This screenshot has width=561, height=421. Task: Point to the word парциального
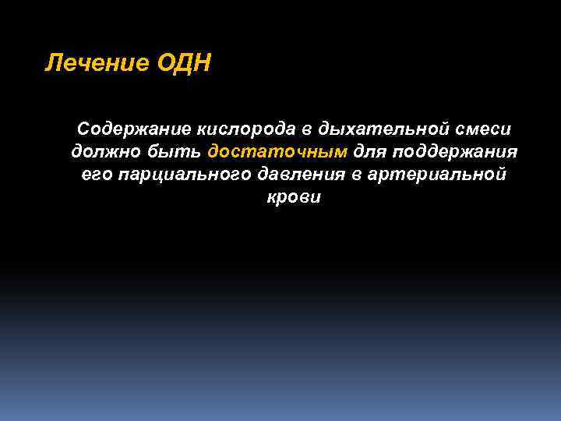pos(184,174)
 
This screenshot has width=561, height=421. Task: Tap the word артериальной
pos(443,174)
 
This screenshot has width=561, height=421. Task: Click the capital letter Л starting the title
pos(52,62)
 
